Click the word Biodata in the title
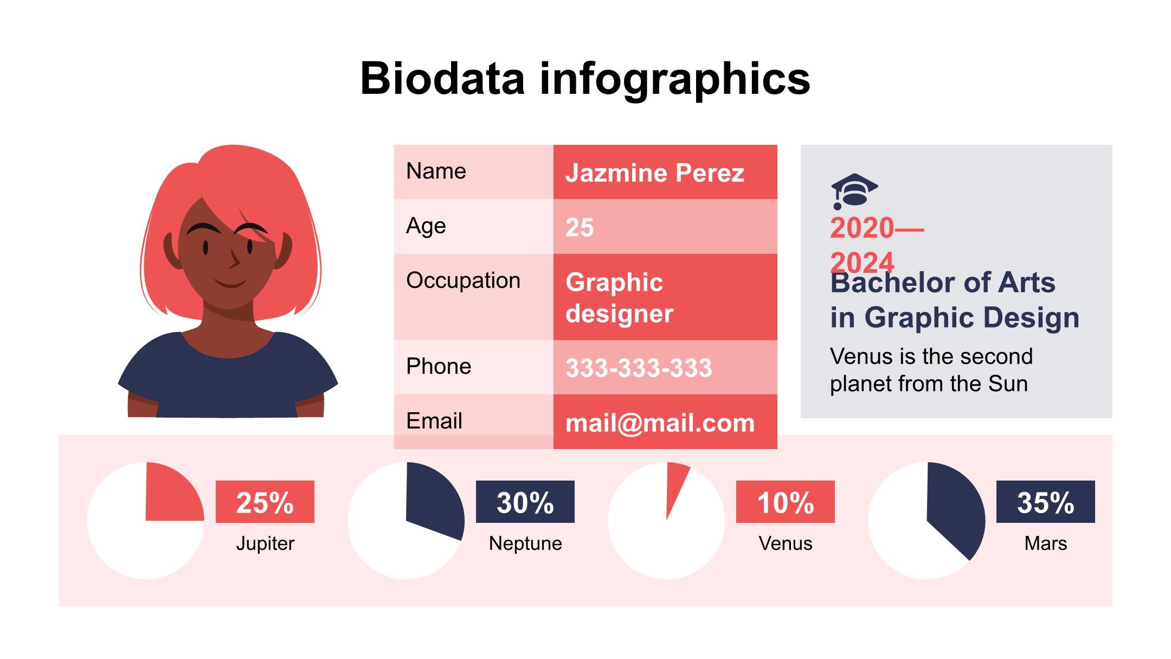tap(442, 79)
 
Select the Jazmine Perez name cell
tap(654, 173)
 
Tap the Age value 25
tap(580, 227)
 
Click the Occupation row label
tap(463, 280)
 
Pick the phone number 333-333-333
tap(639, 368)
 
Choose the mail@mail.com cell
tap(660, 423)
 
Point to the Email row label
tap(434, 421)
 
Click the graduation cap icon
tap(854, 191)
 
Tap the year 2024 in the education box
tap(862, 263)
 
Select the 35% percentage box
tap(1045, 502)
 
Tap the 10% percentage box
tap(785, 502)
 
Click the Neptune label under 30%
tap(525, 543)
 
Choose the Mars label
tap(1045, 543)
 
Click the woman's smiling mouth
tap(230, 284)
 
